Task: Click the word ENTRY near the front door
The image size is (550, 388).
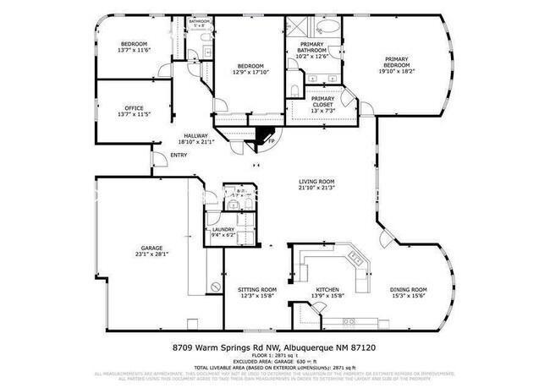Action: coord(179,155)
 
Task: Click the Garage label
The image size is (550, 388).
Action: coord(147,249)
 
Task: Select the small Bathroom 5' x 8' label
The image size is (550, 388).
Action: coord(200,23)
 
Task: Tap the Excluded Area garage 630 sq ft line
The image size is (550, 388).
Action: coord(275,362)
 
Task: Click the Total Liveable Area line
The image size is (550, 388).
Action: coord(275,368)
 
